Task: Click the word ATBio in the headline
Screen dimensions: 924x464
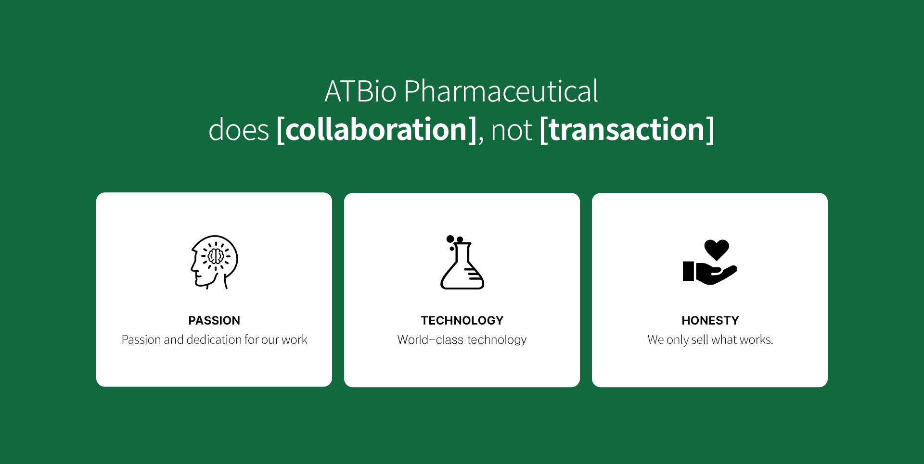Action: [x=360, y=91]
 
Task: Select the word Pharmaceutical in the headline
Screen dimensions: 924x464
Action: [x=501, y=91]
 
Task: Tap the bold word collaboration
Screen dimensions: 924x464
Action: [x=377, y=129]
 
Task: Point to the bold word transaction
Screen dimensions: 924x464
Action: [x=627, y=129]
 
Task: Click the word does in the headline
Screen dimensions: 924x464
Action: [x=239, y=130]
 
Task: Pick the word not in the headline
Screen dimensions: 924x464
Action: [x=512, y=130]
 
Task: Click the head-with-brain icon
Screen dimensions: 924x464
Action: [x=214, y=262]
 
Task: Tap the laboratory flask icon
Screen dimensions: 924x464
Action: [x=462, y=263]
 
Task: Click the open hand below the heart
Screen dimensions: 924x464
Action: [x=710, y=273]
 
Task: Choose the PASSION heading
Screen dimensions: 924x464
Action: [x=214, y=320]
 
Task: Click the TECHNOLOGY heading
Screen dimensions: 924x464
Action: [x=462, y=320]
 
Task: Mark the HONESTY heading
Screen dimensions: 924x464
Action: [x=710, y=320]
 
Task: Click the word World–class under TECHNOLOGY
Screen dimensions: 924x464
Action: [x=430, y=340]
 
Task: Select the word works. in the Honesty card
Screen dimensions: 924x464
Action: [x=757, y=340]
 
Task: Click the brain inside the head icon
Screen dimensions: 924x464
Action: [x=216, y=256]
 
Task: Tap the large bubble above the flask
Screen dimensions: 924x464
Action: [x=450, y=239]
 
